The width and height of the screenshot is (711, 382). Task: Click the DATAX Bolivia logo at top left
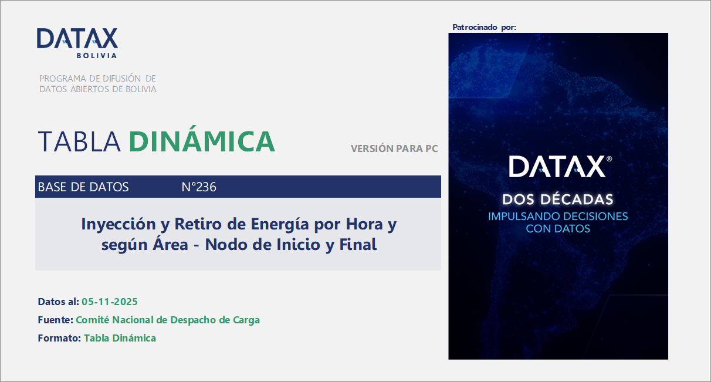77,39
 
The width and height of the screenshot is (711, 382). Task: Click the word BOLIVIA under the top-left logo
96,56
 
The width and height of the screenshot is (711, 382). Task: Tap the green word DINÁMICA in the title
202,141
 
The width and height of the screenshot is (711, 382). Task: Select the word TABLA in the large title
79,141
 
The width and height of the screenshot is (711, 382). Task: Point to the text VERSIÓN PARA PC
394,149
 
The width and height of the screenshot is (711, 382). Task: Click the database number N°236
199,187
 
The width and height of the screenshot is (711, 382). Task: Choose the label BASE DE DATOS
83,187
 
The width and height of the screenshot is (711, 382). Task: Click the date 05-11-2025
110,302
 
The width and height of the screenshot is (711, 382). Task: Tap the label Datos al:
58,302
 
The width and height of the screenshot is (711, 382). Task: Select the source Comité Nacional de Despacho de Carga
168,320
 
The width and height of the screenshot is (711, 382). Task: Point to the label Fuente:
55,320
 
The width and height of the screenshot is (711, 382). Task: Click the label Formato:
59,338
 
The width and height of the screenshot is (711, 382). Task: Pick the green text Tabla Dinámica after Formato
120,338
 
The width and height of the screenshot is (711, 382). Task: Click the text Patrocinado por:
485,27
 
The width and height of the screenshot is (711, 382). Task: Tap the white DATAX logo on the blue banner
557,167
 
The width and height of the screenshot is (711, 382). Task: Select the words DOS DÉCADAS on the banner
558,199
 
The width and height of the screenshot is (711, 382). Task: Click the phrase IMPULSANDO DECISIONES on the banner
558,216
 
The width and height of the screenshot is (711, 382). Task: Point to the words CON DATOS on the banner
558,228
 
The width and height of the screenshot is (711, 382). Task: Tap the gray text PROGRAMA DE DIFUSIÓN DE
97,79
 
